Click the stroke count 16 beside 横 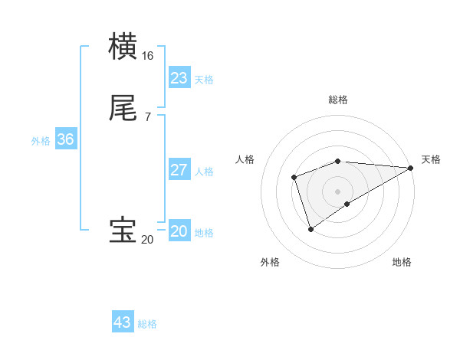tap(148, 56)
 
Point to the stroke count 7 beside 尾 tap(148, 117)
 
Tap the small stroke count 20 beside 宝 tap(147, 240)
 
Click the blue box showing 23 tap(179, 78)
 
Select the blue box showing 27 tap(179, 170)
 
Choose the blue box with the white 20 tap(179, 231)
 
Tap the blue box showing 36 tap(65, 140)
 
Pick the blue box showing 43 tap(123, 322)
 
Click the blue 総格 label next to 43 tap(147, 324)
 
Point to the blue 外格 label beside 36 tap(41, 141)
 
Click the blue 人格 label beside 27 tap(205, 172)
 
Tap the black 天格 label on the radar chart tap(431, 159)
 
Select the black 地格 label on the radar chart tap(402, 262)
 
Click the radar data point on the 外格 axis tap(310, 229)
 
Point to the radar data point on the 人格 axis tap(294, 178)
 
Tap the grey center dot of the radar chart tap(337, 191)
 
